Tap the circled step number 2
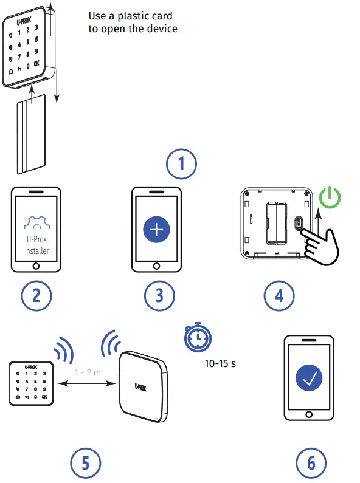click(36, 295)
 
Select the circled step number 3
click(159, 295)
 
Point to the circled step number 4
click(279, 295)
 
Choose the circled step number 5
click(85, 464)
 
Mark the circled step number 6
click(311, 464)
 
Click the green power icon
click(330, 198)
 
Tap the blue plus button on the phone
click(157, 230)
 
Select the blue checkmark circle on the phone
click(310, 378)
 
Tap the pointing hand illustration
click(320, 244)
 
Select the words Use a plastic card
click(130, 16)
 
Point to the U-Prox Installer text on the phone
click(36, 244)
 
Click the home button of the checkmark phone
click(310, 414)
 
